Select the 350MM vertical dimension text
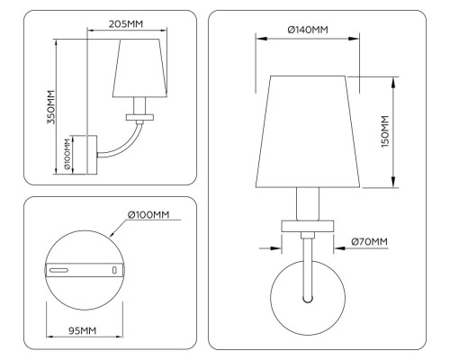tap(51, 106)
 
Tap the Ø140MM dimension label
tap(308, 31)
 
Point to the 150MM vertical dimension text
tap(385, 131)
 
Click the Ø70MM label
tap(370, 241)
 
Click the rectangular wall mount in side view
tap(85, 154)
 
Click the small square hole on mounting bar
tap(113, 269)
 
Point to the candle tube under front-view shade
tap(308, 203)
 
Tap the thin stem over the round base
tap(308, 265)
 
